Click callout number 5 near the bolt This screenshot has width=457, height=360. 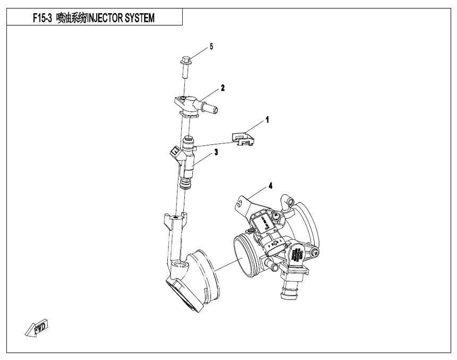click(211, 47)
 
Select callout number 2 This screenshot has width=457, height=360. click(223, 88)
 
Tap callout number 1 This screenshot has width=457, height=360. click(268, 121)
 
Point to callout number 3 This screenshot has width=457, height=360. click(216, 152)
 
